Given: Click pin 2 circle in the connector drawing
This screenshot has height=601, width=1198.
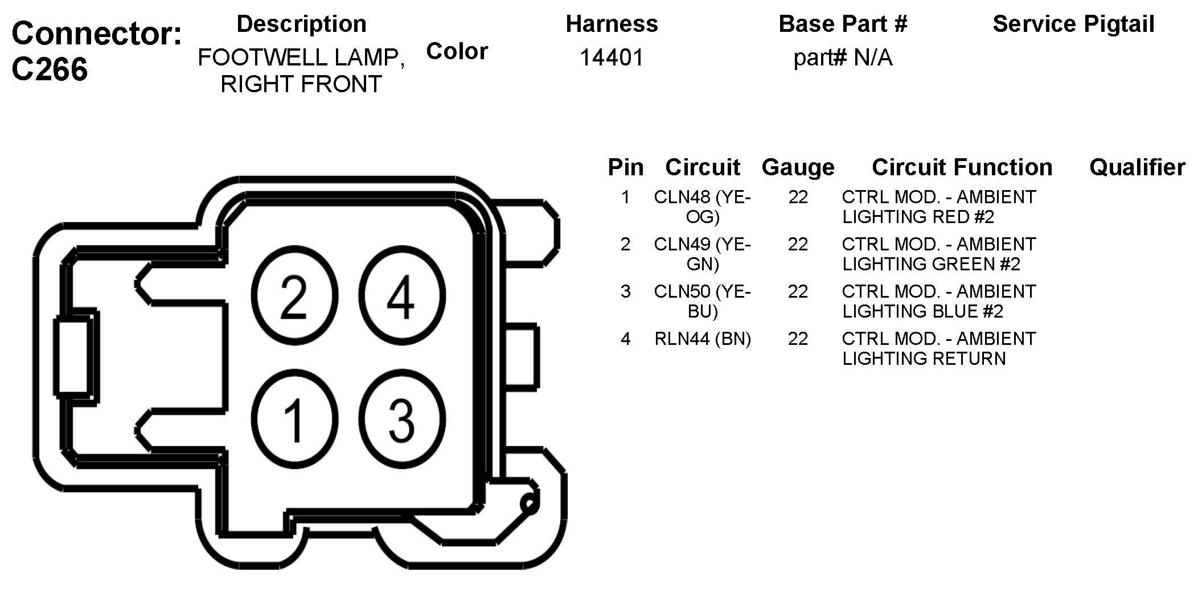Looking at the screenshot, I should (294, 296).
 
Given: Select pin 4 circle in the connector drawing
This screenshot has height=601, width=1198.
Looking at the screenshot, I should (401, 296).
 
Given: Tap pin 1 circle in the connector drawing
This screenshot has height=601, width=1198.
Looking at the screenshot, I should (294, 420).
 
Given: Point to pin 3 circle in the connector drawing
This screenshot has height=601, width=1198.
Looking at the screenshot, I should (401, 420).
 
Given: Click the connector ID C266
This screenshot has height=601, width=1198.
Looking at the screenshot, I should (50, 69).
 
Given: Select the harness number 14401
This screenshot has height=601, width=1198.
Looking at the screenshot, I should (612, 57).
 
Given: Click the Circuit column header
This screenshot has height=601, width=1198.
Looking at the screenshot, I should (702, 167).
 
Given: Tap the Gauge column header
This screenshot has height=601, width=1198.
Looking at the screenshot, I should (798, 167).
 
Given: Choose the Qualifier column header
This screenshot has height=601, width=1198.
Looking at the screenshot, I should (1137, 167).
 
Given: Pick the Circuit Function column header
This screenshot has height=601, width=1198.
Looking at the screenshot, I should (962, 167).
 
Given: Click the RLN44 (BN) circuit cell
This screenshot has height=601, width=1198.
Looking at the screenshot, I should (703, 339).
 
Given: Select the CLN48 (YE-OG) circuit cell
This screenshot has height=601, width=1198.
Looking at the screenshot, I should (703, 207).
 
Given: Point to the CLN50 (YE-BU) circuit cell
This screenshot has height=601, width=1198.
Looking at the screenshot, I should (703, 301).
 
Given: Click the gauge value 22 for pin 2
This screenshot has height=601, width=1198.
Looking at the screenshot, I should (798, 245).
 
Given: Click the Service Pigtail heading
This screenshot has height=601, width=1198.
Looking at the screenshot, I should (1073, 24).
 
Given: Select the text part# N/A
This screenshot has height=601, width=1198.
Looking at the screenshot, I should (843, 58).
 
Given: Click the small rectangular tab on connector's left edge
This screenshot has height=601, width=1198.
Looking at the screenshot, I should (73, 356).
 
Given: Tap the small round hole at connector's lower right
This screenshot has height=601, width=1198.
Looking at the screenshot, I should (529, 504).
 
